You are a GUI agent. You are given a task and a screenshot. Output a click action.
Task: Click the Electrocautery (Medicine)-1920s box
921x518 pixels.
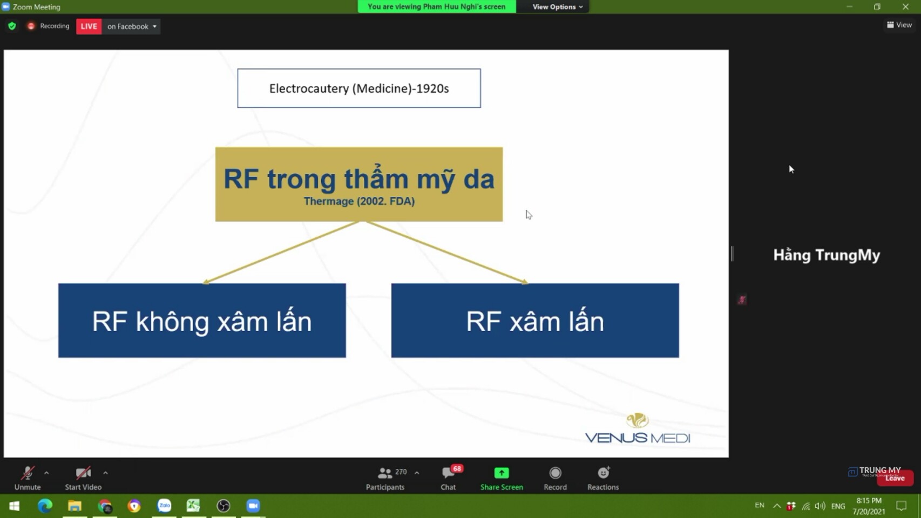(x=359, y=88)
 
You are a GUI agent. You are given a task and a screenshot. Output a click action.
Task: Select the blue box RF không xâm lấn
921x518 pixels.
(x=202, y=321)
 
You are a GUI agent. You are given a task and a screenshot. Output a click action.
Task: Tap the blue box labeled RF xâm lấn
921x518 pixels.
(x=535, y=321)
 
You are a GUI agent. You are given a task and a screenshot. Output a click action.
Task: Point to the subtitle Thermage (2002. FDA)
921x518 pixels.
(x=359, y=201)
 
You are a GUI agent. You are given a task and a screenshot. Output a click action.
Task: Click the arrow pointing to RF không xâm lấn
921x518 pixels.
(x=281, y=253)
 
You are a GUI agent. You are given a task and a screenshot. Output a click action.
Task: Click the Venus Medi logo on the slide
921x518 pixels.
(x=637, y=428)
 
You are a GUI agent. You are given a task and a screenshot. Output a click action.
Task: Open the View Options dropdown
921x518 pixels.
(x=557, y=6)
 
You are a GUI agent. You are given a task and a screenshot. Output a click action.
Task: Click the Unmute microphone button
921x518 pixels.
(x=28, y=478)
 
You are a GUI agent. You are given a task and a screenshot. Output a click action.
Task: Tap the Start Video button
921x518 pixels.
(x=83, y=478)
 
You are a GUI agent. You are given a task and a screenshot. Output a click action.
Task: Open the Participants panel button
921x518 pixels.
(x=385, y=478)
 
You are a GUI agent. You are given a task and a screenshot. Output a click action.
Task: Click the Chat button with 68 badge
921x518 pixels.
(x=449, y=478)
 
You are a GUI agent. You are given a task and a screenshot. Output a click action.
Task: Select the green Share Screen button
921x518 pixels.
(x=502, y=478)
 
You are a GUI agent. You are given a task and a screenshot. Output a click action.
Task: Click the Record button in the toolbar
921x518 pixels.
(x=555, y=478)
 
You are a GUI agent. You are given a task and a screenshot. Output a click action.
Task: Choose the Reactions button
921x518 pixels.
(x=603, y=478)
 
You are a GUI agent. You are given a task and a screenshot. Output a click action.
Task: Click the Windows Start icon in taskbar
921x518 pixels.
(x=15, y=506)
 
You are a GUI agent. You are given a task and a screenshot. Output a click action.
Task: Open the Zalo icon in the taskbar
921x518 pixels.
(x=164, y=506)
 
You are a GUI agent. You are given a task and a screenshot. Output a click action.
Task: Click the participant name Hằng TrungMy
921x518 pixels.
(x=827, y=255)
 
